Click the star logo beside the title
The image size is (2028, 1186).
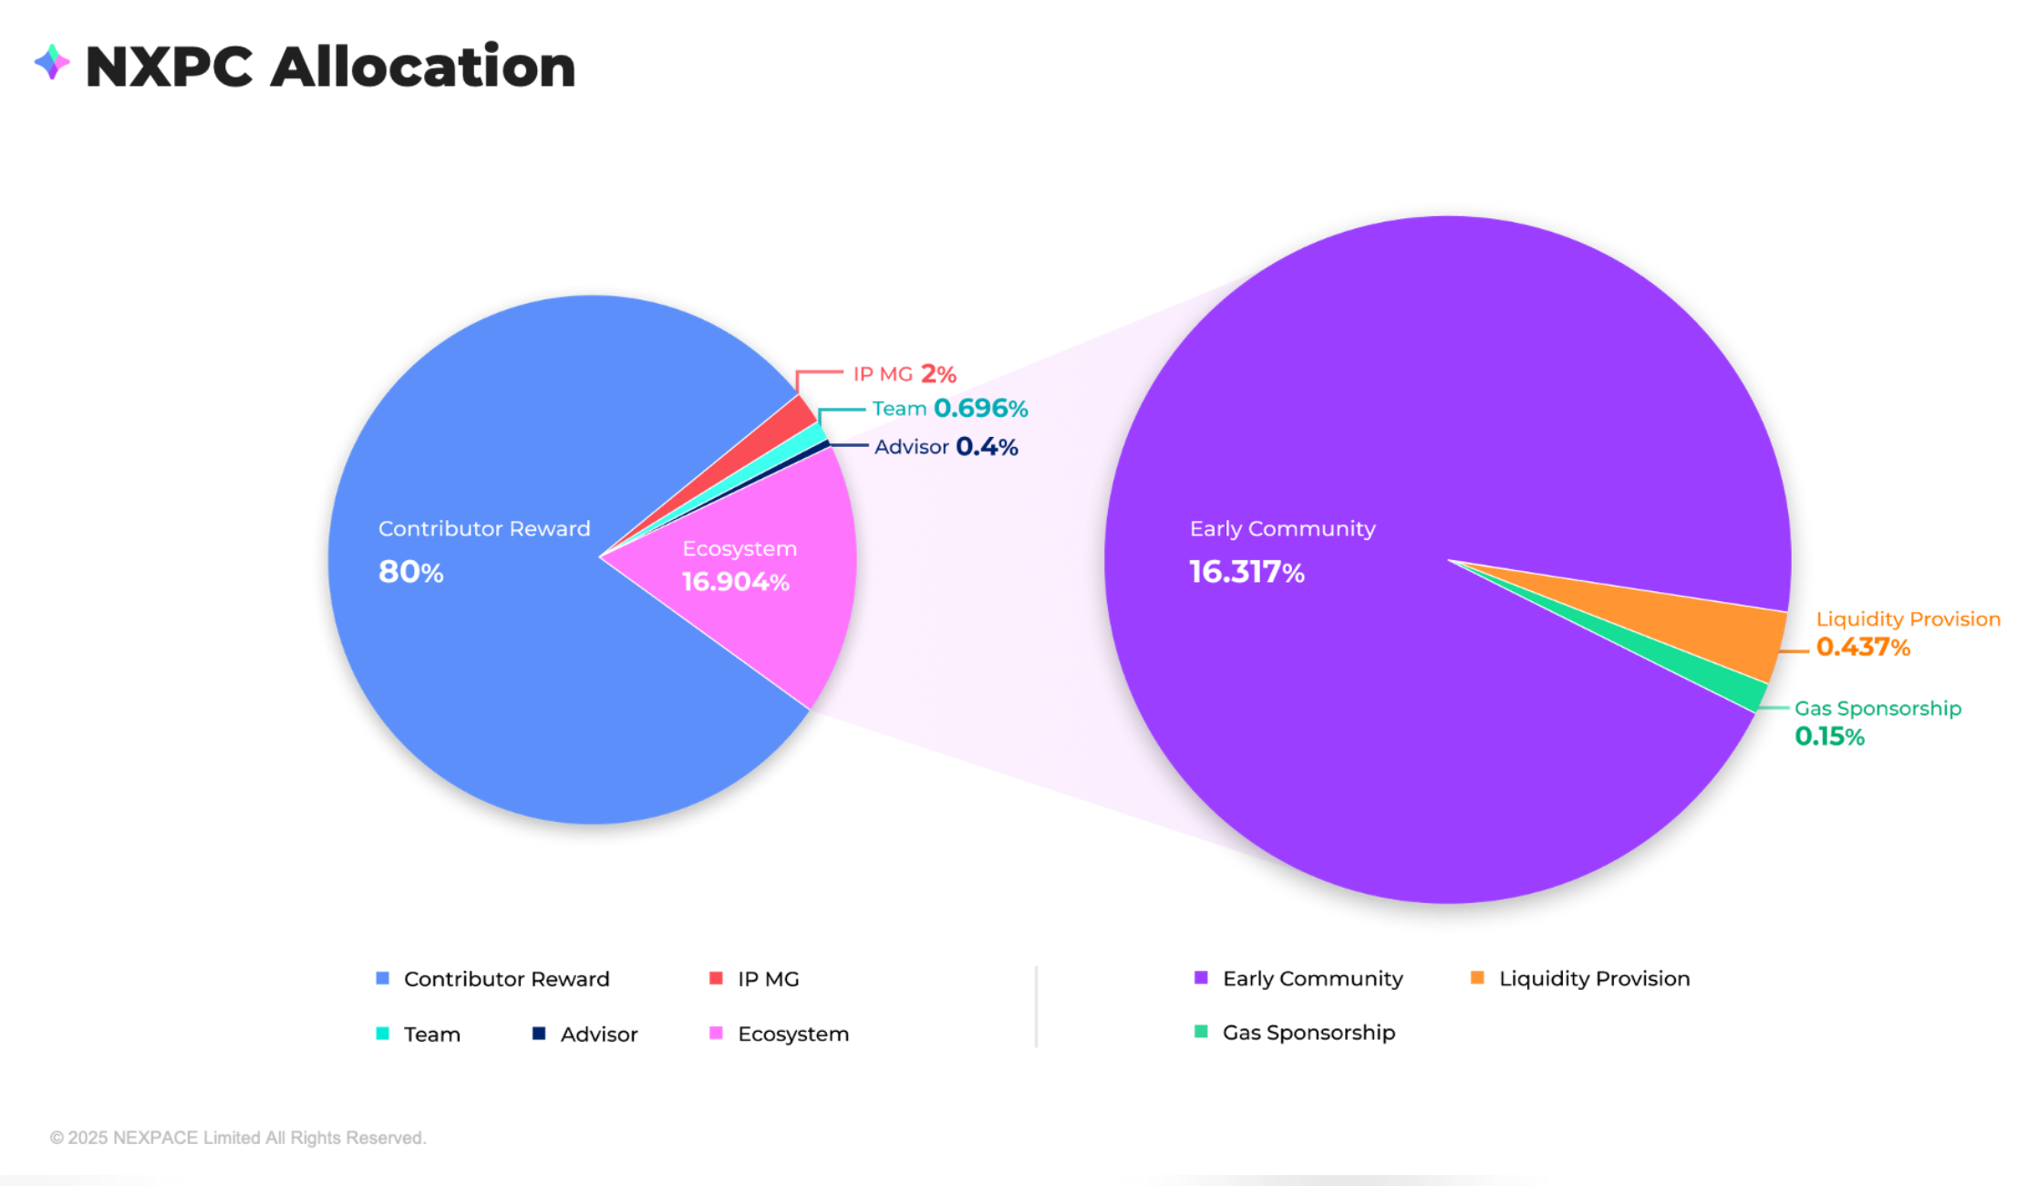tap(52, 63)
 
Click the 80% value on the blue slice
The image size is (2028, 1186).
tap(410, 572)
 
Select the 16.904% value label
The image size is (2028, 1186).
tap(735, 582)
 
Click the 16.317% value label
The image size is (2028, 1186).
tap(1247, 572)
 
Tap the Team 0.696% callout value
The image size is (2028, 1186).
tap(980, 408)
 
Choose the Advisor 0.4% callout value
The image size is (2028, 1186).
tap(987, 447)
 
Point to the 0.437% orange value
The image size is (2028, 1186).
tap(1863, 648)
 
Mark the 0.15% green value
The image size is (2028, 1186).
tap(1829, 736)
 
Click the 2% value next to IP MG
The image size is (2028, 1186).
tap(938, 374)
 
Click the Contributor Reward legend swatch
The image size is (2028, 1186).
tap(383, 979)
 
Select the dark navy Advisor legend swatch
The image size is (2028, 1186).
tap(539, 1034)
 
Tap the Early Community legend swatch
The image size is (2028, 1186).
tap(1201, 978)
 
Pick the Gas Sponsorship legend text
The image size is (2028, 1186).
tap(1309, 1033)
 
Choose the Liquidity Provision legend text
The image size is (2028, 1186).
tap(1594, 979)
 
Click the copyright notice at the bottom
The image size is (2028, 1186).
tap(238, 1138)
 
